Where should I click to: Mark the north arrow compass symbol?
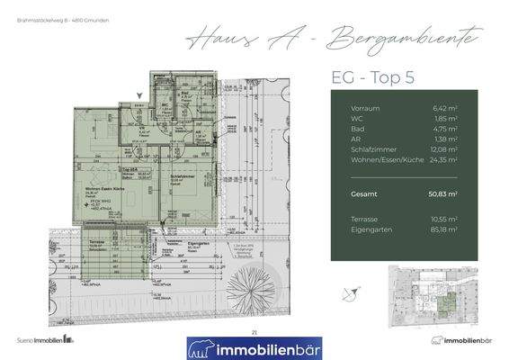point(356,290)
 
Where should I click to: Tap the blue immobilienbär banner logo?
point(254,346)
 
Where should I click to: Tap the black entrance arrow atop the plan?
point(138,93)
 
